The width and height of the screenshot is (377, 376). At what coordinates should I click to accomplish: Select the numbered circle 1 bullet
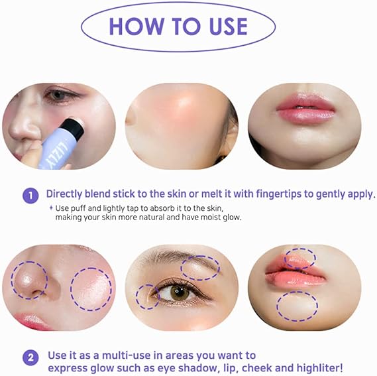[x=30, y=195]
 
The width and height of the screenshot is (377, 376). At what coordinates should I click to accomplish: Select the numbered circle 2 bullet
[x=30, y=357]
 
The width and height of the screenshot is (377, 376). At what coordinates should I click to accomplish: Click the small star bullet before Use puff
[x=51, y=208]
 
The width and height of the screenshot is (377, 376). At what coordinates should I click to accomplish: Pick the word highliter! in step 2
[x=320, y=368]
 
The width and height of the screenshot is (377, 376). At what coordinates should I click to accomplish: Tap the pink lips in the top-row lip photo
[x=305, y=108]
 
